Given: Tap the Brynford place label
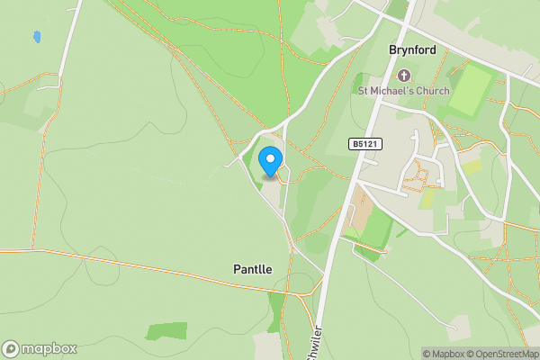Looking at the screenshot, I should click(412, 50).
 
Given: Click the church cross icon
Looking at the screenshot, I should click(403, 76).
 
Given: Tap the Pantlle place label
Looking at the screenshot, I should click(253, 269).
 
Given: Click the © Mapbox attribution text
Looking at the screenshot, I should click(442, 354).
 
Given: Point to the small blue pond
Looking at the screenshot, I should click(37, 38).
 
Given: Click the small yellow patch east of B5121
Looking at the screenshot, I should click(472, 166).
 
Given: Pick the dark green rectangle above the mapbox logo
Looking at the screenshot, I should click(166, 330).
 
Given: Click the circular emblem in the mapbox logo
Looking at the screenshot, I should click(12, 349).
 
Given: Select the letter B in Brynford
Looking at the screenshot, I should click(392, 50).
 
